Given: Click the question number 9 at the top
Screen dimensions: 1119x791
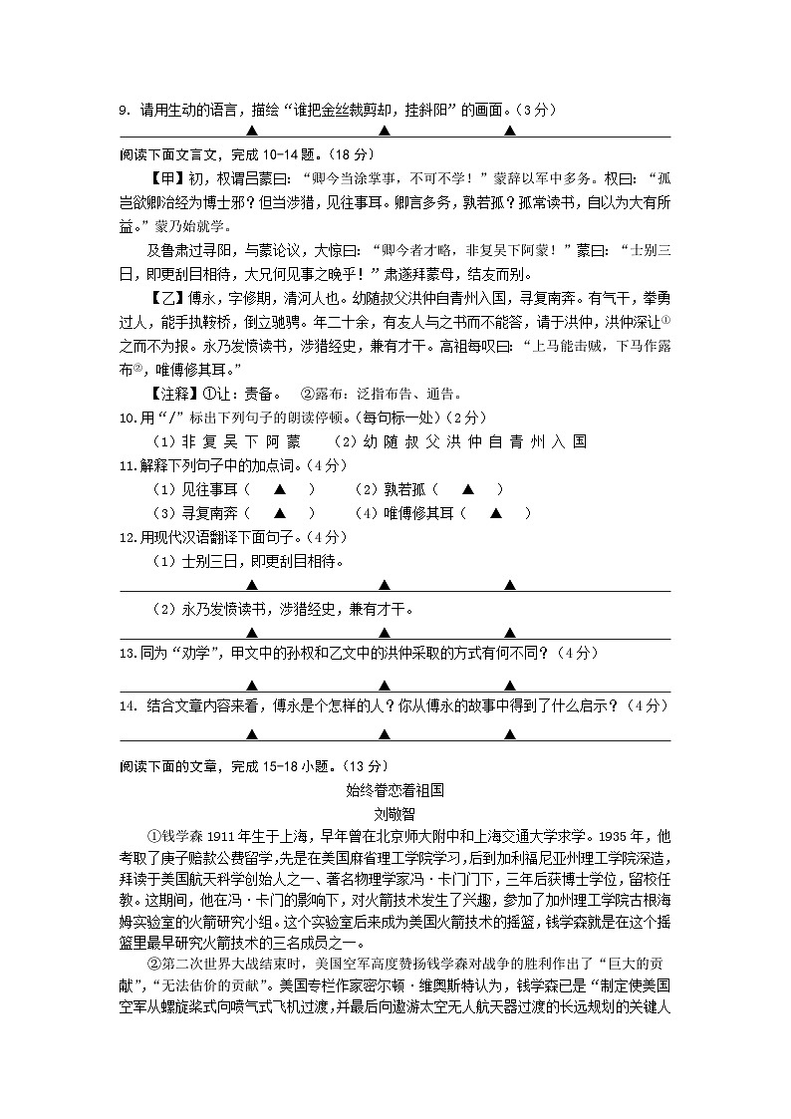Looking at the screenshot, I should [123, 110].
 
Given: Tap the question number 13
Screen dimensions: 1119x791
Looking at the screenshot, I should [127, 653].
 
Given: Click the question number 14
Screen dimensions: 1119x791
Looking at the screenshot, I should [127, 705].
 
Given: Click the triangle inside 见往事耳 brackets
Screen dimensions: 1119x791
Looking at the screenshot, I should [280, 488].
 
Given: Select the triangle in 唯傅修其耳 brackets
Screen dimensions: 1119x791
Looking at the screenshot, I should [495, 513].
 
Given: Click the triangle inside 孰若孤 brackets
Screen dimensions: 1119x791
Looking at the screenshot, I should [467, 488].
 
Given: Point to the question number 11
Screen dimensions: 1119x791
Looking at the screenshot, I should [127, 465].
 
